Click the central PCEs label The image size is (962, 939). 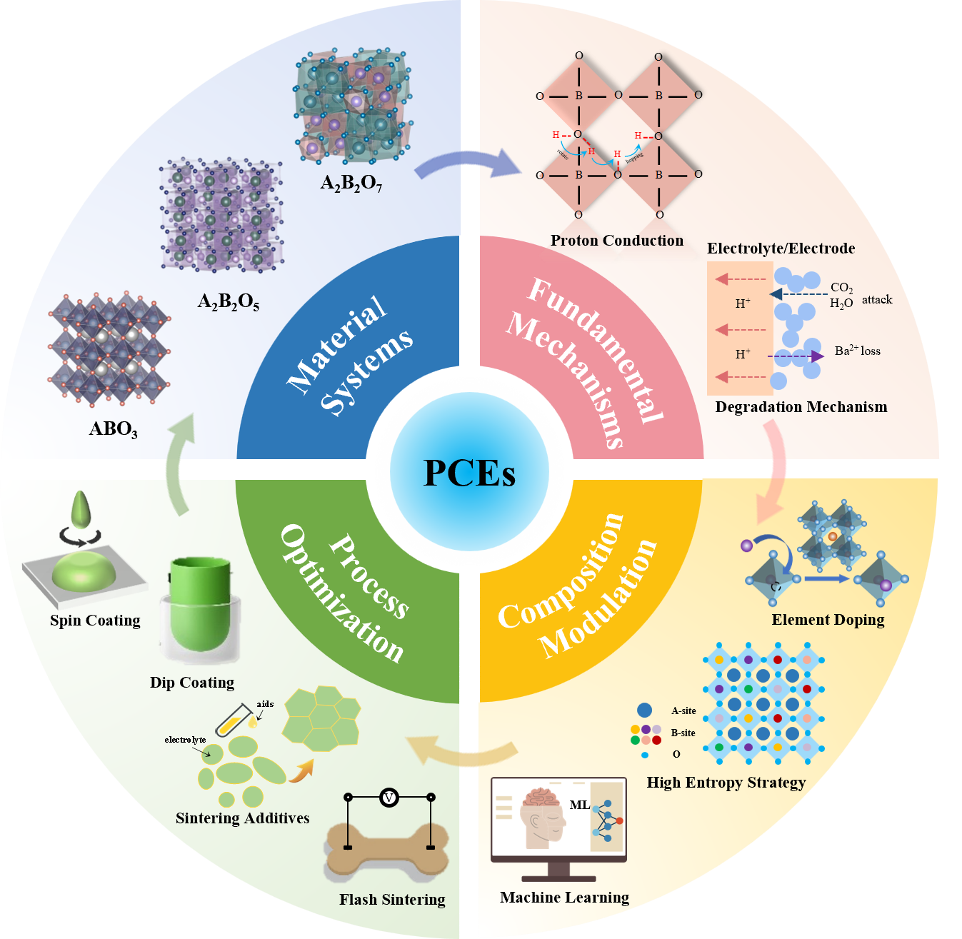tap(469, 473)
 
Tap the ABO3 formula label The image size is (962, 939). tap(113, 429)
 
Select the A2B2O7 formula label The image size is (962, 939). tap(351, 184)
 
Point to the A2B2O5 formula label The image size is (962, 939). tap(228, 302)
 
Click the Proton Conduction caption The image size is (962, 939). tap(616, 241)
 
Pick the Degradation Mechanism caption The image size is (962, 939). tap(801, 407)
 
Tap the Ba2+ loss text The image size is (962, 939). tap(857, 351)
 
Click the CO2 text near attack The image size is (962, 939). tap(841, 288)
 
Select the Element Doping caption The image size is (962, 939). tap(828, 620)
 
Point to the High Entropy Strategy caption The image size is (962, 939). tap(726, 783)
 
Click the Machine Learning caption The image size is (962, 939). tap(564, 898)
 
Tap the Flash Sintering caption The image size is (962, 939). tap(392, 900)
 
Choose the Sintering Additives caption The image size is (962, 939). tap(242, 818)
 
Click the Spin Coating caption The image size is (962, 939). tap(95, 621)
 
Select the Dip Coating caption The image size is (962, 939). tap(191, 683)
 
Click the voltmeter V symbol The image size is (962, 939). tap(389, 797)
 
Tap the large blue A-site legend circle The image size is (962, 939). tap(644, 710)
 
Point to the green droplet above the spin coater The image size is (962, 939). tap(82, 509)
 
